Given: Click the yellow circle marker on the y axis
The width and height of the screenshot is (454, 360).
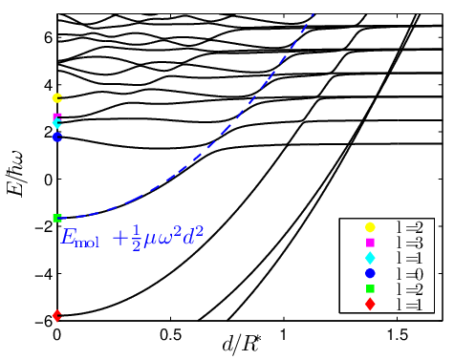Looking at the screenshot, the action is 57,98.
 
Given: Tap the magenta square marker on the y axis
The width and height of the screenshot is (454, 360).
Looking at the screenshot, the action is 57,117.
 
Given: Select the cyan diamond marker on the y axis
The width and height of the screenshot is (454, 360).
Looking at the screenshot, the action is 57,123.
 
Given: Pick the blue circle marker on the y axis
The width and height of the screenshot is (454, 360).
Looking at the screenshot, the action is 57,138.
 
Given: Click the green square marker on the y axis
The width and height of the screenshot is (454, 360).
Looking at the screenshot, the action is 57,218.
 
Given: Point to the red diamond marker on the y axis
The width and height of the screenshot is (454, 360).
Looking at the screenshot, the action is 57,316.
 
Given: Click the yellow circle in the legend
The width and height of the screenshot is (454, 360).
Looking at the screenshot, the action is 370,227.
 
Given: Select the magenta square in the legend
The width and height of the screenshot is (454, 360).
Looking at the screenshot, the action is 370,243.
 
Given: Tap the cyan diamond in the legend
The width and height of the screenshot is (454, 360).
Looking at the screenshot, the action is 370,258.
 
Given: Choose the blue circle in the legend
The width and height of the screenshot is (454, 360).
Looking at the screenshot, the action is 370,273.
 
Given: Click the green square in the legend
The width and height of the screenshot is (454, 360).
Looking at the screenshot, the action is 370,288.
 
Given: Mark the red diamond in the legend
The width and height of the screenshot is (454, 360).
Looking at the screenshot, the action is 370,305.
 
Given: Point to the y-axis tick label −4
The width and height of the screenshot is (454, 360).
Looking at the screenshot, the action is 43,273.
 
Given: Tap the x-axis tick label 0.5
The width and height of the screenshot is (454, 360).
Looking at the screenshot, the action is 170,334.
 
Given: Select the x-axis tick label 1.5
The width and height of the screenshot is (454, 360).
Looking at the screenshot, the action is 398,334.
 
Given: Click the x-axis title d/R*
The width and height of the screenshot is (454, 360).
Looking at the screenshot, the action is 240,345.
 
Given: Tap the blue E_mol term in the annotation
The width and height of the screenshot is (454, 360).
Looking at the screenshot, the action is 80,239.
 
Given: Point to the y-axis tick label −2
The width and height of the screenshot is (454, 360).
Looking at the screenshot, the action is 43,226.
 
